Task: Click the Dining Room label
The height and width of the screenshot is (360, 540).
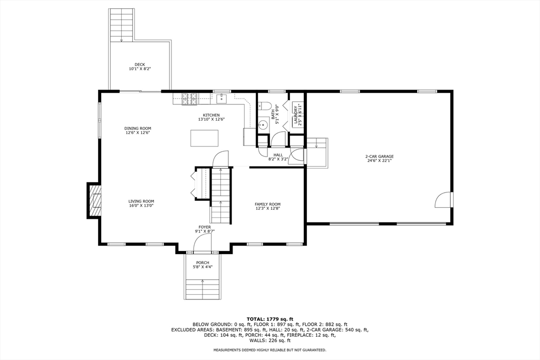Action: [138, 129]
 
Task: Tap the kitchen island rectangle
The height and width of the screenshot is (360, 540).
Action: [205, 138]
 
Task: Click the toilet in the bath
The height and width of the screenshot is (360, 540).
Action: [265, 105]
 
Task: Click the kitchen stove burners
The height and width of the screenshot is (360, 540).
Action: [190, 99]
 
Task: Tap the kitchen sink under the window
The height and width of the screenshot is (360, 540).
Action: [221, 99]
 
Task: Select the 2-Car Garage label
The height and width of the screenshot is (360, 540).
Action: [380, 156]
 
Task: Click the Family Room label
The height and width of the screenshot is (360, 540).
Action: [267, 204]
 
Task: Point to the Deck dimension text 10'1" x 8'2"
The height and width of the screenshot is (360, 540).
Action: [140, 69]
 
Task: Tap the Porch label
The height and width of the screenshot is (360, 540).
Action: [203, 263]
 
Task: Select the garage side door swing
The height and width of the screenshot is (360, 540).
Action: [443, 200]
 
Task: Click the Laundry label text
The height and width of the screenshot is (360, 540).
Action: [295, 115]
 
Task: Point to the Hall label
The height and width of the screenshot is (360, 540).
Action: [278, 155]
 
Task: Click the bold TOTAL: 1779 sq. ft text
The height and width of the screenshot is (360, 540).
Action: [269, 319]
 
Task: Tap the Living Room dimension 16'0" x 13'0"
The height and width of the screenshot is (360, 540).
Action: [141, 206]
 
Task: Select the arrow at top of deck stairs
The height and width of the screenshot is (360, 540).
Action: [122, 40]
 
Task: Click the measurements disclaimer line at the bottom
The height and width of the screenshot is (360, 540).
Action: [269, 350]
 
